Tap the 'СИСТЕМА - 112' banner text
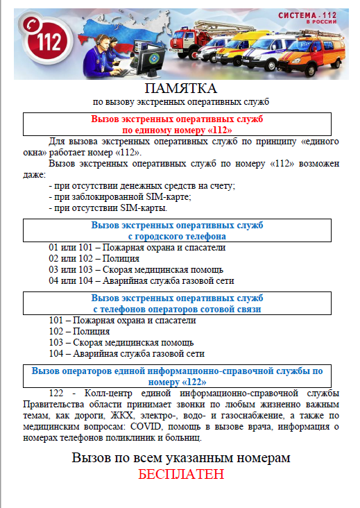tap(305, 17)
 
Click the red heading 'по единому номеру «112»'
tap(178, 129)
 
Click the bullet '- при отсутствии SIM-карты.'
tap(108, 208)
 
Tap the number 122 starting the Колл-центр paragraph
tap(58, 393)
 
